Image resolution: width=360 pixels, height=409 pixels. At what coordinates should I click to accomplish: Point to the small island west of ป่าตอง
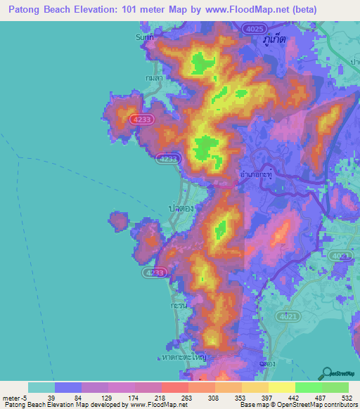click(x=118, y=222)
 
